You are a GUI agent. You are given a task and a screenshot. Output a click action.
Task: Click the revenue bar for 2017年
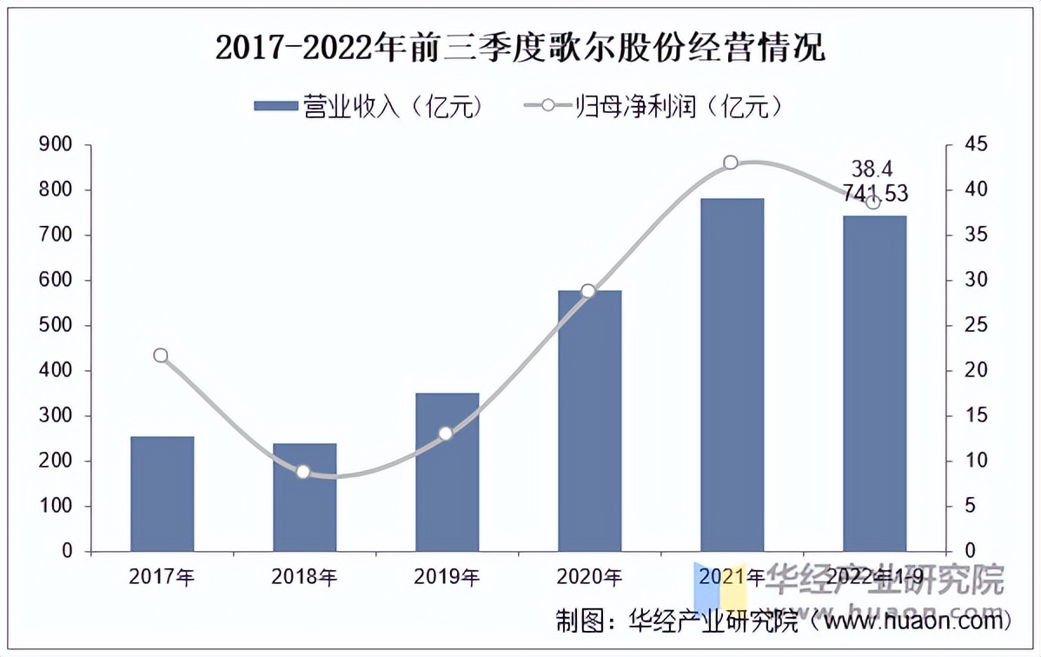pyautogui.click(x=162, y=494)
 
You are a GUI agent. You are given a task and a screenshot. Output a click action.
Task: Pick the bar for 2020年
pyautogui.click(x=589, y=421)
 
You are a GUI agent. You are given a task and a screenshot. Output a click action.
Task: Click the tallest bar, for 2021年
pyautogui.click(x=732, y=375)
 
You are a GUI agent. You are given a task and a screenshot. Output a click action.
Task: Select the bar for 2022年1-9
pyautogui.click(x=874, y=383)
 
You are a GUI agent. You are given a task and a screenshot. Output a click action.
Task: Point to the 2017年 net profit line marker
pyautogui.click(x=161, y=355)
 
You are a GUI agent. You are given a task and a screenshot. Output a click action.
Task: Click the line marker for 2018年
pyautogui.click(x=303, y=472)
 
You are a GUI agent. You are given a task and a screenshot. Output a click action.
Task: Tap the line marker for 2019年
pyautogui.click(x=446, y=433)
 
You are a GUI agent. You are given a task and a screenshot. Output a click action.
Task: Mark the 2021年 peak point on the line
pyautogui.click(x=731, y=163)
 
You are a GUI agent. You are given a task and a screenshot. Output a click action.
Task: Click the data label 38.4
pyautogui.click(x=872, y=169)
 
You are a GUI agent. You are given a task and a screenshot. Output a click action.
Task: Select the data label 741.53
pyautogui.click(x=875, y=193)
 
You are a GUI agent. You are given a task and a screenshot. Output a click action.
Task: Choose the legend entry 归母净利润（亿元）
pyautogui.click(x=656, y=106)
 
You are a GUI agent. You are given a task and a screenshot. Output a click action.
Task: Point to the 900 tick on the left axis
pyautogui.click(x=56, y=144)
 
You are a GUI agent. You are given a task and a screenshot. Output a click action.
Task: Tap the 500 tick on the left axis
pyautogui.click(x=56, y=325)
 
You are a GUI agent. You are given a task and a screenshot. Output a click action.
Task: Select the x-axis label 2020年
pyautogui.click(x=590, y=576)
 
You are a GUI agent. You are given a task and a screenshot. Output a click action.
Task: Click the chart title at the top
pyautogui.click(x=520, y=48)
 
